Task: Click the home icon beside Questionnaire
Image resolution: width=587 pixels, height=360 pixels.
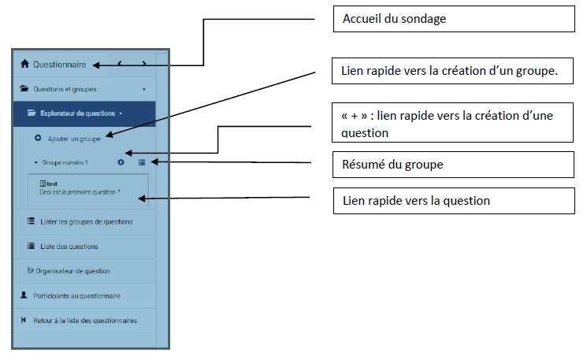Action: pyautogui.click(x=24, y=64)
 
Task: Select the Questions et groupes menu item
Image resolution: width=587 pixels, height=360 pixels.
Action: pyautogui.click(x=66, y=89)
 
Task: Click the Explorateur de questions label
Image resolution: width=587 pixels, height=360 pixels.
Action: pyautogui.click(x=77, y=113)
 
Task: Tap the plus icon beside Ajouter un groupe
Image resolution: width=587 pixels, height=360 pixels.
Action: pyautogui.click(x=38, y=138)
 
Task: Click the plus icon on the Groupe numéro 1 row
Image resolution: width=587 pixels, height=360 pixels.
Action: pyautogui.click(x=121, y=162)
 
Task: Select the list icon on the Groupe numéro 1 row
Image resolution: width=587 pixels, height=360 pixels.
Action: pyautogui.click(x=142, y=162)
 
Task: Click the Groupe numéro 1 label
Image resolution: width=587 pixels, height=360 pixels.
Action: pyautogui.click(x=65, y=162)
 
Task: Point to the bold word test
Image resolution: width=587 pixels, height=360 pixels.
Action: pyautogui.click(x=52, y=184)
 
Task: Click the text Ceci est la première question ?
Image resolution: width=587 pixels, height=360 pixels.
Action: pyautogui.click(x=80, y=192)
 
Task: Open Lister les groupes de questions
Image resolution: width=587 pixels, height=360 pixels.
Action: pyautogui.click(x=87, y=221)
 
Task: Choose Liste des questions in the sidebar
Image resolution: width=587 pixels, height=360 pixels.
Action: pyautogui.click(x=69, y=247)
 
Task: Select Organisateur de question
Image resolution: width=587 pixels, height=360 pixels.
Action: pyautogui.click(x=72, y=271)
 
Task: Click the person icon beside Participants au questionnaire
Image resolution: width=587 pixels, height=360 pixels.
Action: pyautogui.click(x=24, y=295)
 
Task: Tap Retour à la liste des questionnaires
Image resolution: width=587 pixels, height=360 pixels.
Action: pyautogui.click(x=85, y=321)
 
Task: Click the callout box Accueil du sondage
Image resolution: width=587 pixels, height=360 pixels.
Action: pyautogui.click(x=454, y=19)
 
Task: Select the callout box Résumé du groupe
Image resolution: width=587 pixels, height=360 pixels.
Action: pyautogui.click(x=453, y=165)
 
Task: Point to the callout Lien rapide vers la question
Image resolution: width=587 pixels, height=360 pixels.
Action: pyautogui.click(x=454, y=201)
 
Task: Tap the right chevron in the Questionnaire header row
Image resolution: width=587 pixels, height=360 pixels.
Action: pyautogui.click(x=143, y=64)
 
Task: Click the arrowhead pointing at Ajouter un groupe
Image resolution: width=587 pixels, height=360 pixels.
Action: pyautogui.click(x=110, y=135)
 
